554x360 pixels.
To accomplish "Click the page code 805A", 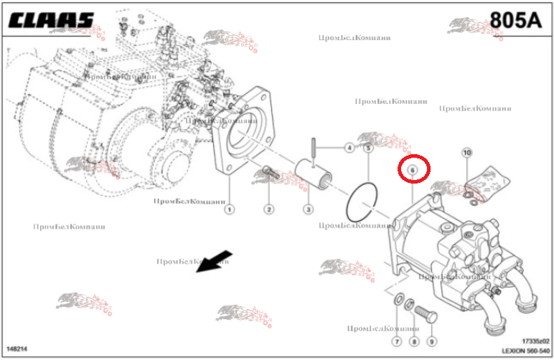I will (x=515, y=19).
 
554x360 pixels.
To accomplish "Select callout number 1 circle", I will (x=229, y=209).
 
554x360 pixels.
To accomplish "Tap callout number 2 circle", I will (x=268, y=209).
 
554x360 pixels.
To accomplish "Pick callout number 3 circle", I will (x=308, y=209).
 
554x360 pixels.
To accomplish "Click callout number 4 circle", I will (x=349, y=148).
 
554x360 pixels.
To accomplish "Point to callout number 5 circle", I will (x=367, y=148).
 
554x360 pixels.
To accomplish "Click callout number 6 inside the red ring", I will (x=413, y=169).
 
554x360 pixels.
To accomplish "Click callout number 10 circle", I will (x=466, y=152).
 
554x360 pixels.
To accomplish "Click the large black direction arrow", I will (x=215, y=262).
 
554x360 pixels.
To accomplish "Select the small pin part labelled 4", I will (x=314, y=151).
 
